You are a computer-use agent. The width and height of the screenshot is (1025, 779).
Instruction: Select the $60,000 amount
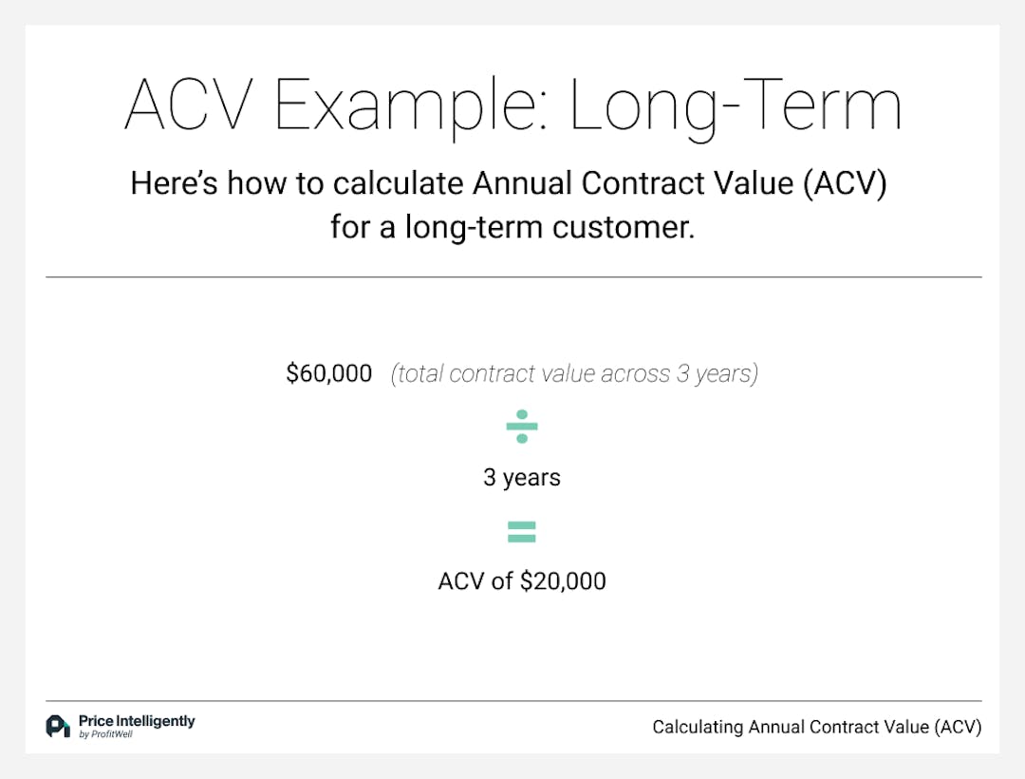(x=329, y=373)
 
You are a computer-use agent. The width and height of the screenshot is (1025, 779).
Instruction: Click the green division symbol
(x=522, y=427)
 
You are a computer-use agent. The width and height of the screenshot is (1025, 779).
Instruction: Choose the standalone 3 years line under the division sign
(x=522, y=477)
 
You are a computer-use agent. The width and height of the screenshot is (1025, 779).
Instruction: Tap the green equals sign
(x=522, y=532)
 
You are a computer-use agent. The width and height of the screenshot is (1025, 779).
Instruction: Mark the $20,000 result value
(x=563, y=580)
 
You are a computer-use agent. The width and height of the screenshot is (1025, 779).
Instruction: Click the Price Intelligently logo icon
(x=58, y=726)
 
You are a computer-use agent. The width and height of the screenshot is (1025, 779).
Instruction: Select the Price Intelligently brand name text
(x=137, y=721)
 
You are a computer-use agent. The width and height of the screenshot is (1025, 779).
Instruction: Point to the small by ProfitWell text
(x=105, y=735)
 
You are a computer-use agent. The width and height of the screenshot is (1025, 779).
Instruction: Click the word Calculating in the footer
(x=699, y=728)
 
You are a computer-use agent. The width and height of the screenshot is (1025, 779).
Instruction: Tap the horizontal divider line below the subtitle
(x=513, y=277)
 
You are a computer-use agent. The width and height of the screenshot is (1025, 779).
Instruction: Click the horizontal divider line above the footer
(x=513, y=701)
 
